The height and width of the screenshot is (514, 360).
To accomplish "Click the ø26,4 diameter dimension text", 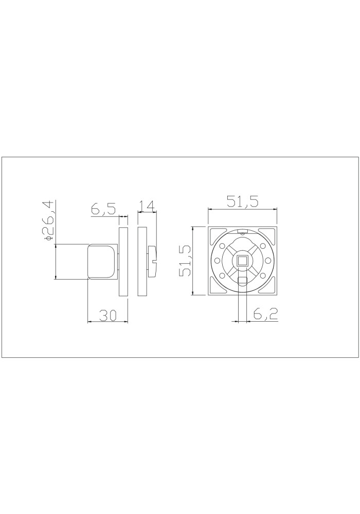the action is point(48,221).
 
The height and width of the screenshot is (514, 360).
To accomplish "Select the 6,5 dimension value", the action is point(103,209).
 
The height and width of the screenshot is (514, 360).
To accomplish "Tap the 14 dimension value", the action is point(146,206).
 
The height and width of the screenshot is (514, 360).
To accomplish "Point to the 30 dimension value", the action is point(108,316).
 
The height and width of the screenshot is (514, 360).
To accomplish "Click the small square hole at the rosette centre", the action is point(243,261).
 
